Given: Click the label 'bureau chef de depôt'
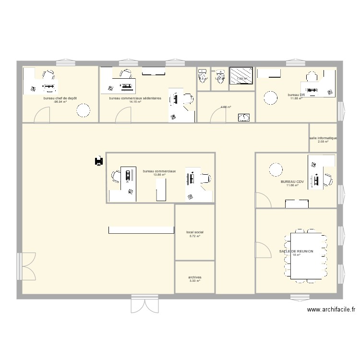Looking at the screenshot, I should tap(60, 98).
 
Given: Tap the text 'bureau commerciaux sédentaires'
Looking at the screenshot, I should tap(135, 98).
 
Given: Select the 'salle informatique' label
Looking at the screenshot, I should tap(323, 138).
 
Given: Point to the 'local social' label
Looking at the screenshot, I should tap(194, 232).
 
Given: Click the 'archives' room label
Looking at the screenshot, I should tap(194, 277).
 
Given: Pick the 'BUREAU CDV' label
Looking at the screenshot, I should tap(292, 182).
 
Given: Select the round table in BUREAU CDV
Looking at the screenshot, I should tap(276, 169).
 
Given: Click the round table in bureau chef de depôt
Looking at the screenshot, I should tap(83, 111).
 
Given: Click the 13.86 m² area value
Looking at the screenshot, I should tap(159, 175).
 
